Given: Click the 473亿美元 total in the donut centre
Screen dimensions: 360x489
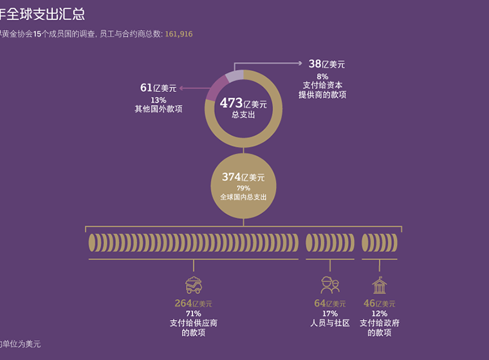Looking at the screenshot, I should (243, 103).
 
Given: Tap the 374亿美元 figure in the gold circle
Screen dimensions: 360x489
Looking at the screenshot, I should (243, 177).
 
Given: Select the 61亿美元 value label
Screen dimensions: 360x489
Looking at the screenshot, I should (158, 88).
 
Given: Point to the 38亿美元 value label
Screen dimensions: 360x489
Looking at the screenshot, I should (327, 64).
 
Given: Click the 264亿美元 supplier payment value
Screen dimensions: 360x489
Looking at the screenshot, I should (193, 303).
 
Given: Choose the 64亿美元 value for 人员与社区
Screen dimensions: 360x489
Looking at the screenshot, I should (329, 303).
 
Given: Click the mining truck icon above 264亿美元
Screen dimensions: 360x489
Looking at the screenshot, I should (193, 284).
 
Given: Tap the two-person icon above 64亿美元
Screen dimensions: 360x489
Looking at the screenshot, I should (329, 284).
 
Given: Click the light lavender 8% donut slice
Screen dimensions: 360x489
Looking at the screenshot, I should (235, 77).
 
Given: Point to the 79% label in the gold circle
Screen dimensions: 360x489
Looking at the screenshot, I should (243, 188).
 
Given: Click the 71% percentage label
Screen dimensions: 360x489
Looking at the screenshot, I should (193, 314).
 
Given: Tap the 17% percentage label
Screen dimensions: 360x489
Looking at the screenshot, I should (329, 314).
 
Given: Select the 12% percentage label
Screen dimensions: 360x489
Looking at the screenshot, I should (379, 314).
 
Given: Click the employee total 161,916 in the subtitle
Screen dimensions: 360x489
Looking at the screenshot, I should (179, 33).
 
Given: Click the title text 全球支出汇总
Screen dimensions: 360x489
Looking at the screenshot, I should (45, 14).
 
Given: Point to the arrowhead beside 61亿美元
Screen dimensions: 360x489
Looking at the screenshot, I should (183, 88).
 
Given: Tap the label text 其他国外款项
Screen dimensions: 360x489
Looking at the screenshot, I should (158, 109).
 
